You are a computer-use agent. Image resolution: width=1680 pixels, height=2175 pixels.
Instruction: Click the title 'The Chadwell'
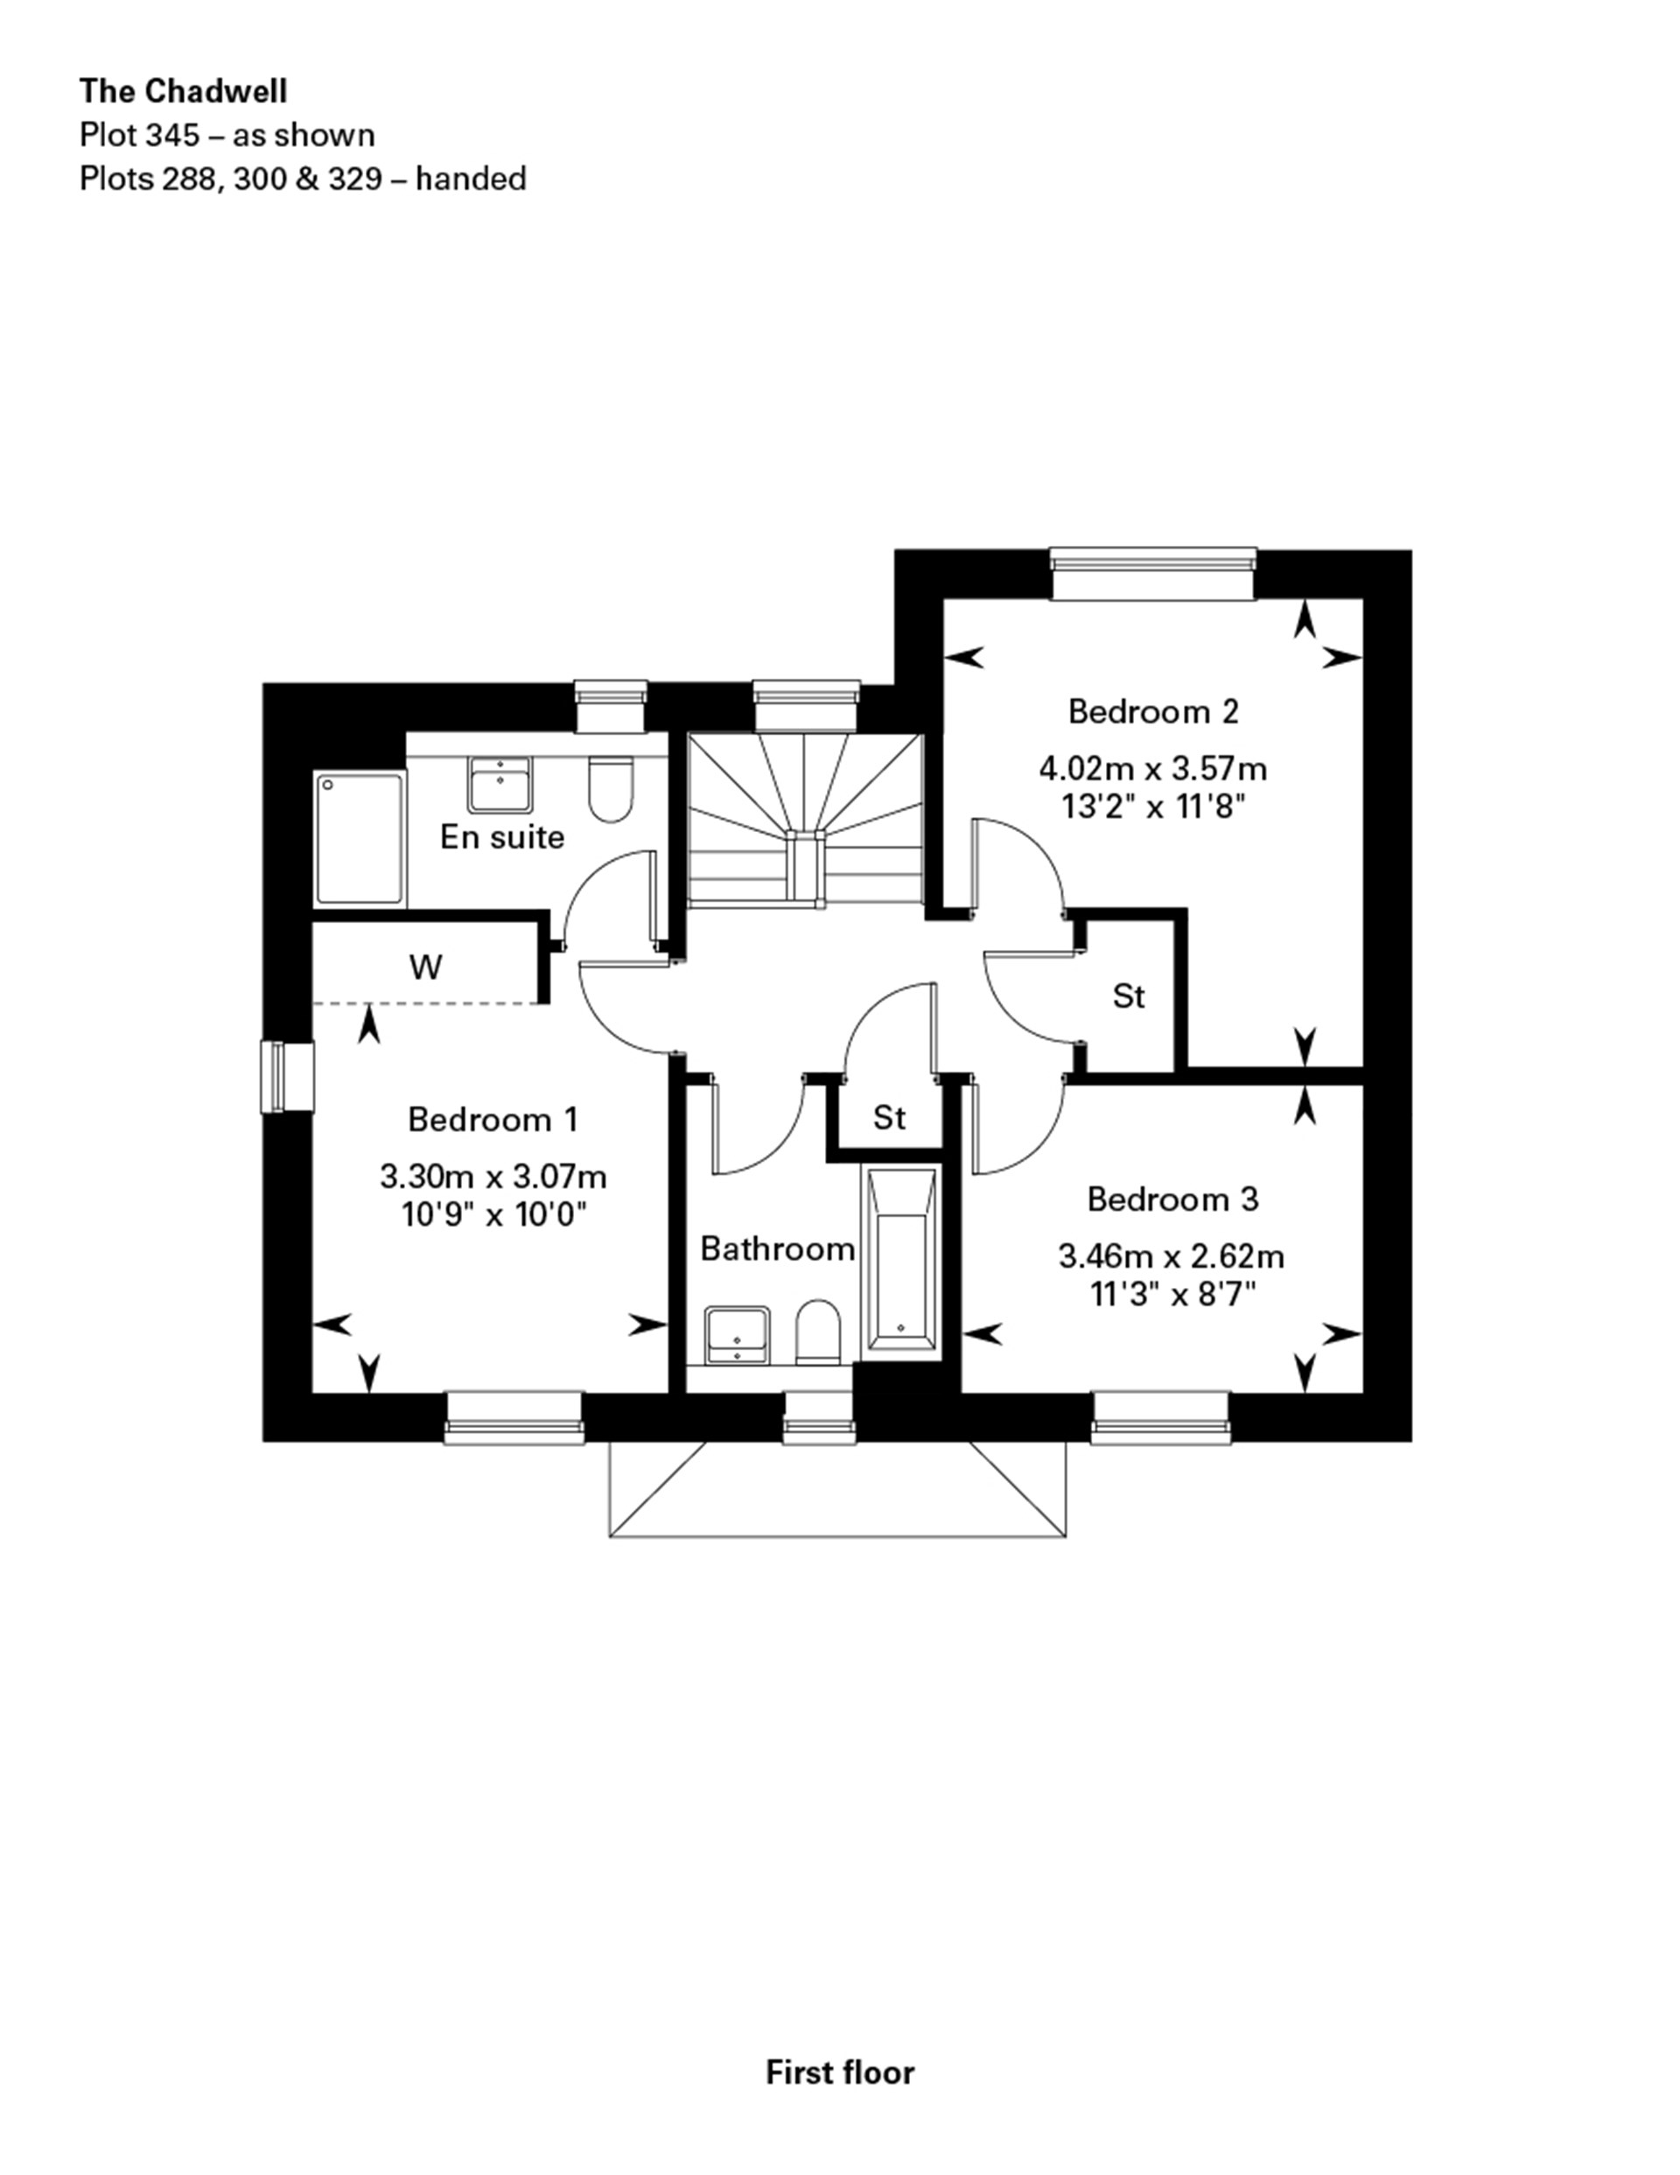[183, 91]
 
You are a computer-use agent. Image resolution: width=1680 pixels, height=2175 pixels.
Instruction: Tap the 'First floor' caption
[839, 2073]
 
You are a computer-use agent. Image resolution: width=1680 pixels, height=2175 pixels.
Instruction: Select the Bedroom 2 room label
[1153, 711]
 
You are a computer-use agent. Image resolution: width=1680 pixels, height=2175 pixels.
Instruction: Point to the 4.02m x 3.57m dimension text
[1153, 768]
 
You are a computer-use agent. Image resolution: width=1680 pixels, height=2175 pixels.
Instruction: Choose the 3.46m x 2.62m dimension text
[1171, 1257]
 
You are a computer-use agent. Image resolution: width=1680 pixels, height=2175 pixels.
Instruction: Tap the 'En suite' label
[502, 836]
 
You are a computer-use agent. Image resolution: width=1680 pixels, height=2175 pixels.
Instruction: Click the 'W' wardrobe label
[425, 967]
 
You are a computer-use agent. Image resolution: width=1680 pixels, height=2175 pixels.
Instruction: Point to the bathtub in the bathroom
[900, 1261]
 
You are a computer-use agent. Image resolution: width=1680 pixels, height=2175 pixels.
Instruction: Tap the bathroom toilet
[819, 1332]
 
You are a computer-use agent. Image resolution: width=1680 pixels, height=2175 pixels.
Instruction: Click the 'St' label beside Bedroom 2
[1128, 996]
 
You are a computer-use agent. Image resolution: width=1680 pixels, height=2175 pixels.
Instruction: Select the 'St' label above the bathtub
[889, 1117]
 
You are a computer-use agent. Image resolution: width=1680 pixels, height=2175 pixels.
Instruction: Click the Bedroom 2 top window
[1153, 575]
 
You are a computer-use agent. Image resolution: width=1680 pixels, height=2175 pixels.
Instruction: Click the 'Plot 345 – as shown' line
[227, 135]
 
